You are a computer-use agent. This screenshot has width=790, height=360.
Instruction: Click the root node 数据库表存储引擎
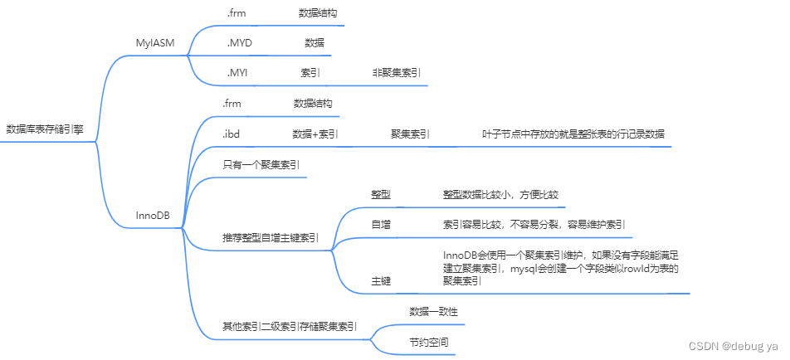tap(45, 129)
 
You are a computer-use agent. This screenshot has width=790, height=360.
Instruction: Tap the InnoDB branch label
tap(153, 215)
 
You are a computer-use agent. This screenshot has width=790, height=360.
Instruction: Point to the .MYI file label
tap(237, 73)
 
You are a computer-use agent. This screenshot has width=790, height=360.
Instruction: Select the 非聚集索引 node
tap(396, 73)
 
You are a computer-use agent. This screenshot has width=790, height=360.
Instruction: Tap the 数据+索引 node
tap(315, 133)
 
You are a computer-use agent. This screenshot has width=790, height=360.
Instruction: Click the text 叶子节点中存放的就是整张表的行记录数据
tap(573, 133)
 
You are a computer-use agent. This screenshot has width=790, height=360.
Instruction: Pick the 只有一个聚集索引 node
tap(261, 164)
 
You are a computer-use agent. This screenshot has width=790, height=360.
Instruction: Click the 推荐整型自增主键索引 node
tap(271, 237)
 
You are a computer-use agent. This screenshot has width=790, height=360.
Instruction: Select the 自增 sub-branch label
tap(381, 224)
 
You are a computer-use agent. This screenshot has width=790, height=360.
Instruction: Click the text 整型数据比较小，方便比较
tap(501, 194)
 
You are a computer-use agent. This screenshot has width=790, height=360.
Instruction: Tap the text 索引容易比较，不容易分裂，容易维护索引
tap(534, 224)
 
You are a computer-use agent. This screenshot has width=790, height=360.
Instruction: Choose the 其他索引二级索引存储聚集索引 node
tap(290, 326)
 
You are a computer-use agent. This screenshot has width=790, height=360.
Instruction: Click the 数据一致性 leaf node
tap(433, 311)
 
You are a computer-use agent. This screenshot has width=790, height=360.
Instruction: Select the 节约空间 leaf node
tap(427, 342)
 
